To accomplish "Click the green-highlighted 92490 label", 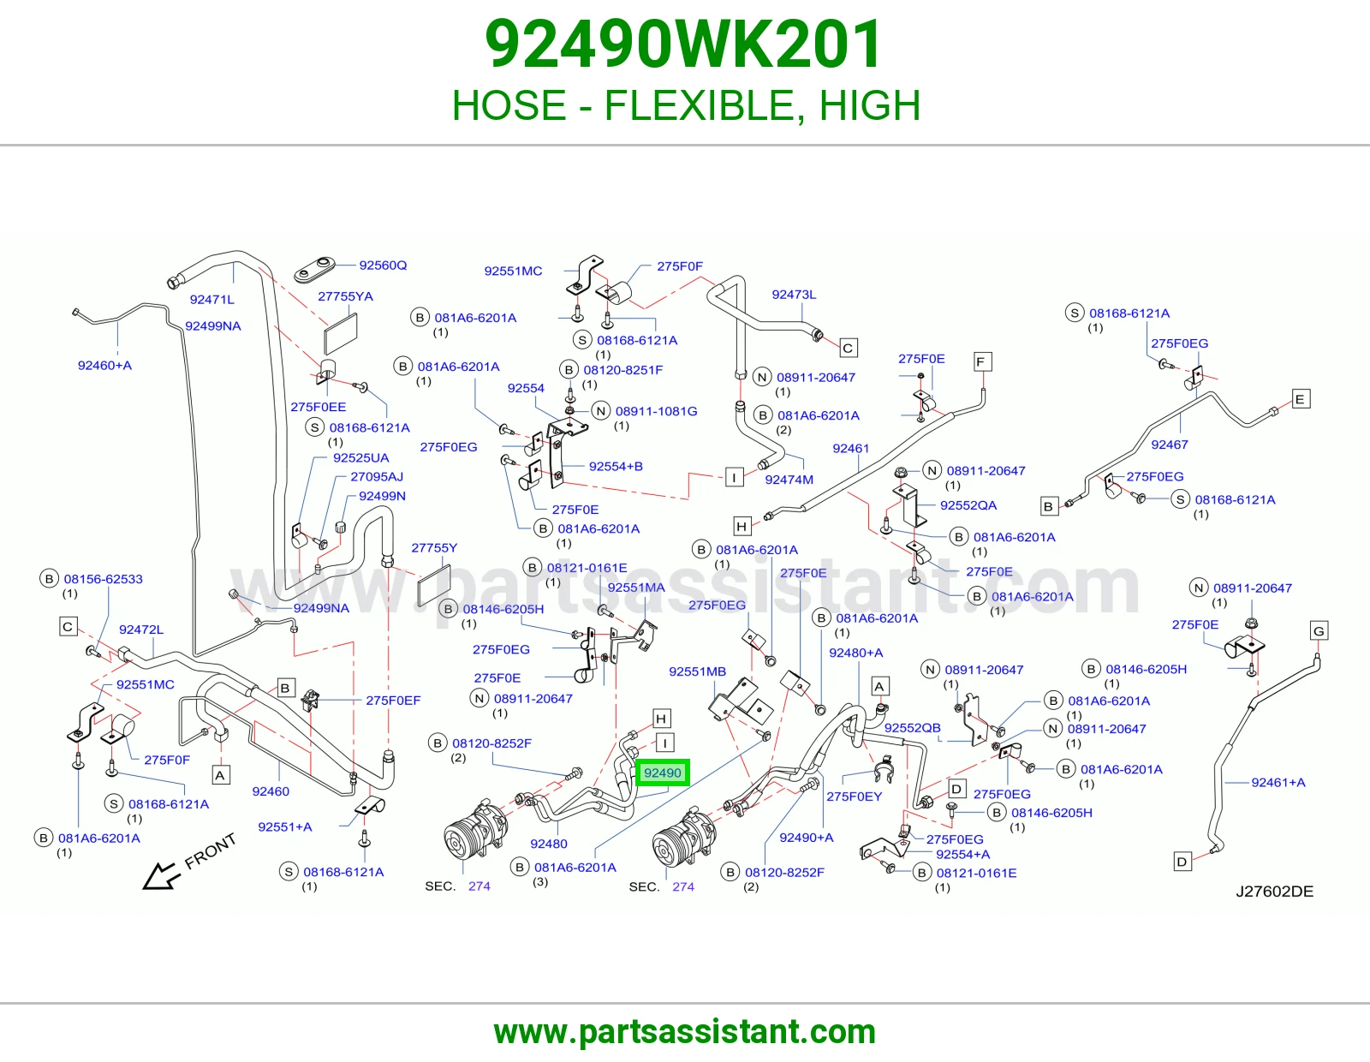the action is [x=662, y=773].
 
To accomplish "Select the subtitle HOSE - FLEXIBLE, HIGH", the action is [x=686, y=104].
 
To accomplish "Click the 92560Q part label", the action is [x=383, y=265].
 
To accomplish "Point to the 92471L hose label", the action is [x=211, y=300].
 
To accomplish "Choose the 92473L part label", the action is [x=794, y=295].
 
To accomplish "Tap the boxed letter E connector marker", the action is [x=1300, y=399].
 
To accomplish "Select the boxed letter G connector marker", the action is [x=1319, y=630].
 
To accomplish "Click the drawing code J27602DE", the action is [x=1274, y=891].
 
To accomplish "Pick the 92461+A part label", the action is [x=1278, y=783].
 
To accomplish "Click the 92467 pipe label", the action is [x=1170, y=444].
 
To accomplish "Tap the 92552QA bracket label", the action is [x=968, y=505].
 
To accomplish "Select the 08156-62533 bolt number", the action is [x=104, y=579].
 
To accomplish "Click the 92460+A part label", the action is [x=104, y=365].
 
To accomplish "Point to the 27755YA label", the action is [x=345, y=296].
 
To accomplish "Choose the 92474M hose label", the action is [x=789, y=480].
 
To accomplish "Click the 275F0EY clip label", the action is [x=855, y=796].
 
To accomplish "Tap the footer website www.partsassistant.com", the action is [x=685, y=1032].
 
